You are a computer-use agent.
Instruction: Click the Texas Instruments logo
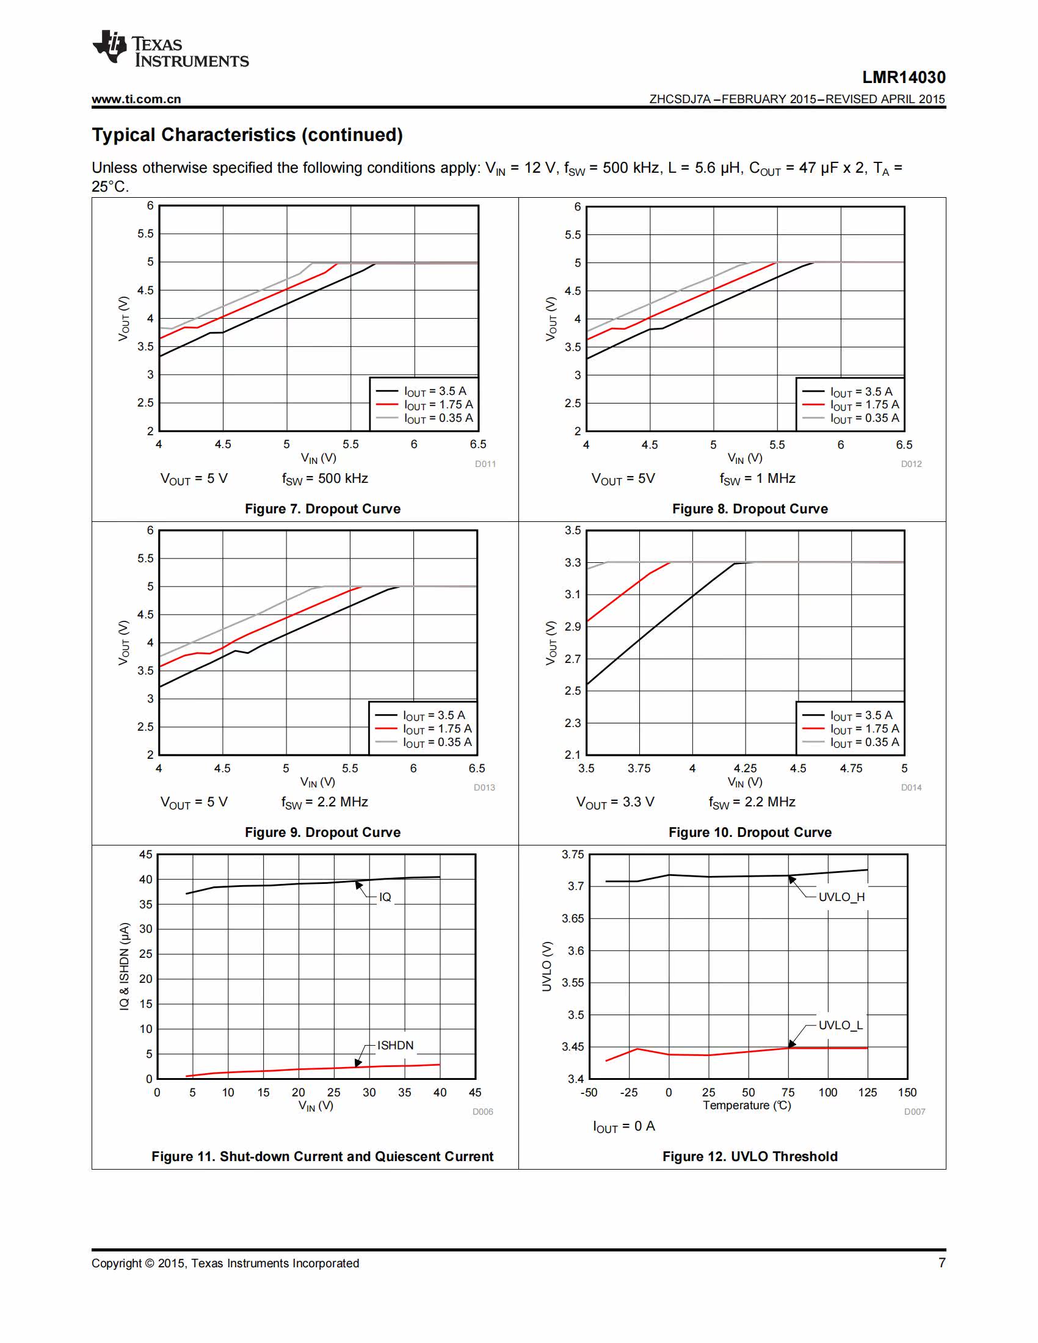click(170, 49)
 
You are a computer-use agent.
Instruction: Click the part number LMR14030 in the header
click(903, 78)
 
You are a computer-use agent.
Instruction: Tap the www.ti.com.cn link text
click(137, 99)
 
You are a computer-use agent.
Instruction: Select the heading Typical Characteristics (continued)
click(247, 135)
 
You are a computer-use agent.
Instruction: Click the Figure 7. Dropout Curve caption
click(323, 509)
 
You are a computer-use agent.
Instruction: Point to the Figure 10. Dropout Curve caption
click(750, 832)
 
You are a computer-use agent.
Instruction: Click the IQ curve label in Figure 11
click(385, 897)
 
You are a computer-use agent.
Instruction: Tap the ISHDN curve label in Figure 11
click(396, 1045)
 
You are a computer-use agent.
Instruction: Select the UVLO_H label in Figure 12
click(841, 897)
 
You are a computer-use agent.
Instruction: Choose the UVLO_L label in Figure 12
click(841, 1025)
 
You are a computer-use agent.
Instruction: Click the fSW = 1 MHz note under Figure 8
click(758, 479)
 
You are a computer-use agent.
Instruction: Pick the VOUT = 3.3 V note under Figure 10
click(615, 803)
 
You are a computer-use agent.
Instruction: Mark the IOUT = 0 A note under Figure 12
click(624, 1126)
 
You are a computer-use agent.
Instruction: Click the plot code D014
click(912, 787)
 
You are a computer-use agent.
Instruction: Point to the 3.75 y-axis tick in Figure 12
click(573, 854)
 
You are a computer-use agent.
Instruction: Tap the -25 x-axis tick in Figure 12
click(628, 1092)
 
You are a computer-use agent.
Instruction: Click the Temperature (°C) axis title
click(747, 1105)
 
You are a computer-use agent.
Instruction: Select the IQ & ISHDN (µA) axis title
click(124, 966)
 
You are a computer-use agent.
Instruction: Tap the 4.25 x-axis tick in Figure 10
click(746, 768)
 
